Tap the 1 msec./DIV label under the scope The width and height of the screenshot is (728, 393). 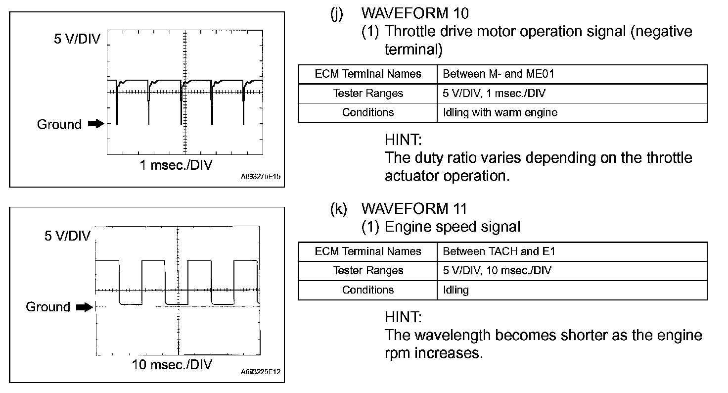(x=176, y=165)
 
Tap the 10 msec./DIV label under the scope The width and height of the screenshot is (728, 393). (x=172, y=365)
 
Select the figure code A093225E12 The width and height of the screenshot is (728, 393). (x=261, y=372)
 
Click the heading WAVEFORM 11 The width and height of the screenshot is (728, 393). (x=414, y=208)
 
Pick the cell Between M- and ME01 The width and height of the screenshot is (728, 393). (x=498, y=74)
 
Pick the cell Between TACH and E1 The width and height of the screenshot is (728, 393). (x=499, y=251)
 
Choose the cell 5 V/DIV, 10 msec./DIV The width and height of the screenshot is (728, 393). (x=497, y=271)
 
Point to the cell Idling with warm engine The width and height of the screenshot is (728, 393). (x=500, y=113)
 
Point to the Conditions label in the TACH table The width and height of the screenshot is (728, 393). (x=368, y=290)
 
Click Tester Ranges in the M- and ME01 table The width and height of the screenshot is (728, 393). (x=368, y=94)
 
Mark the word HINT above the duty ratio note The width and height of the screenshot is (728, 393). (x=403, y=140)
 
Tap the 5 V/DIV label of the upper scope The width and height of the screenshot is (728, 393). (x=77, y=39)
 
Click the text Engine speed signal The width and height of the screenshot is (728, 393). (x=453, y=227)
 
